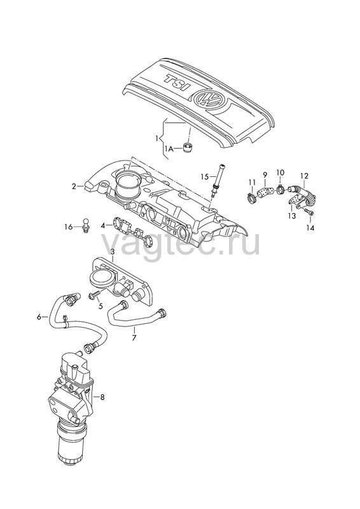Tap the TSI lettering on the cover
point(177,83)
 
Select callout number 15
point(205,177)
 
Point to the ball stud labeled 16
point(86,225)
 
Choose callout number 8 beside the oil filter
point(102,397)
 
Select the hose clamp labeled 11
point(252,197)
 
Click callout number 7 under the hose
point(134,338)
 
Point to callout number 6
point(39,316)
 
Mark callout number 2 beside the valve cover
point(74,186)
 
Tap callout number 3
point(113,251)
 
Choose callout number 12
point(304,176)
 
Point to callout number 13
point(292,216)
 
